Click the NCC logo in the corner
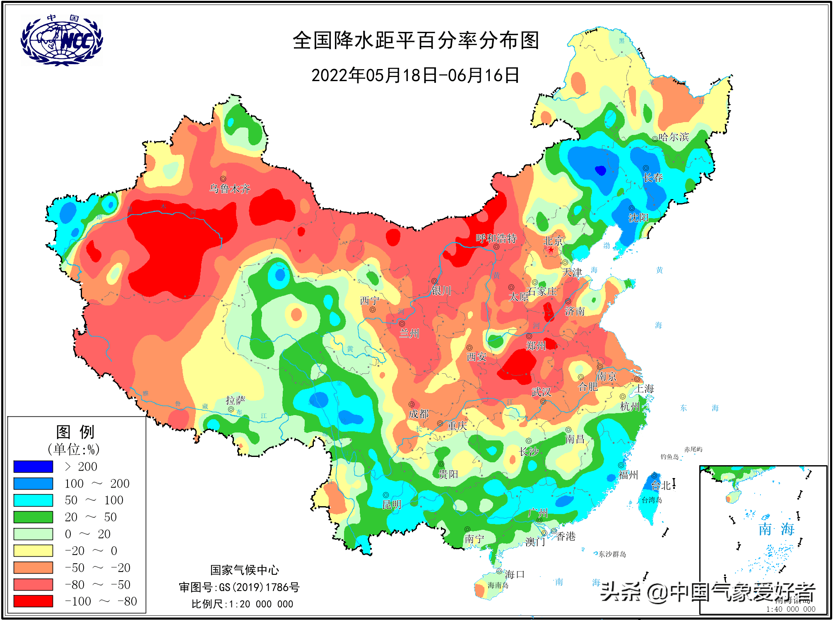62,40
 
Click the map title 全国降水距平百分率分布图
416,41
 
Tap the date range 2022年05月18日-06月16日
415,75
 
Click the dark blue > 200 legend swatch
33,466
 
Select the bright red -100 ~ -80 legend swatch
33,601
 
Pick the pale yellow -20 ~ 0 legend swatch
33,550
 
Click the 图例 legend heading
75,432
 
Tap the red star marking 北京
551,250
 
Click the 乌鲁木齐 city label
230,189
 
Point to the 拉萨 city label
235,400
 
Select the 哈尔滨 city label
674,137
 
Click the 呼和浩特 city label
496,238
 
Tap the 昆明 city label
391,505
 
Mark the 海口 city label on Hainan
515,574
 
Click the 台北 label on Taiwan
661,485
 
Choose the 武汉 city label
541,392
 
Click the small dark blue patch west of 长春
600,170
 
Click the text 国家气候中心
244,570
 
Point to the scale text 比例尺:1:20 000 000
242,604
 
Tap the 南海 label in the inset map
776,529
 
